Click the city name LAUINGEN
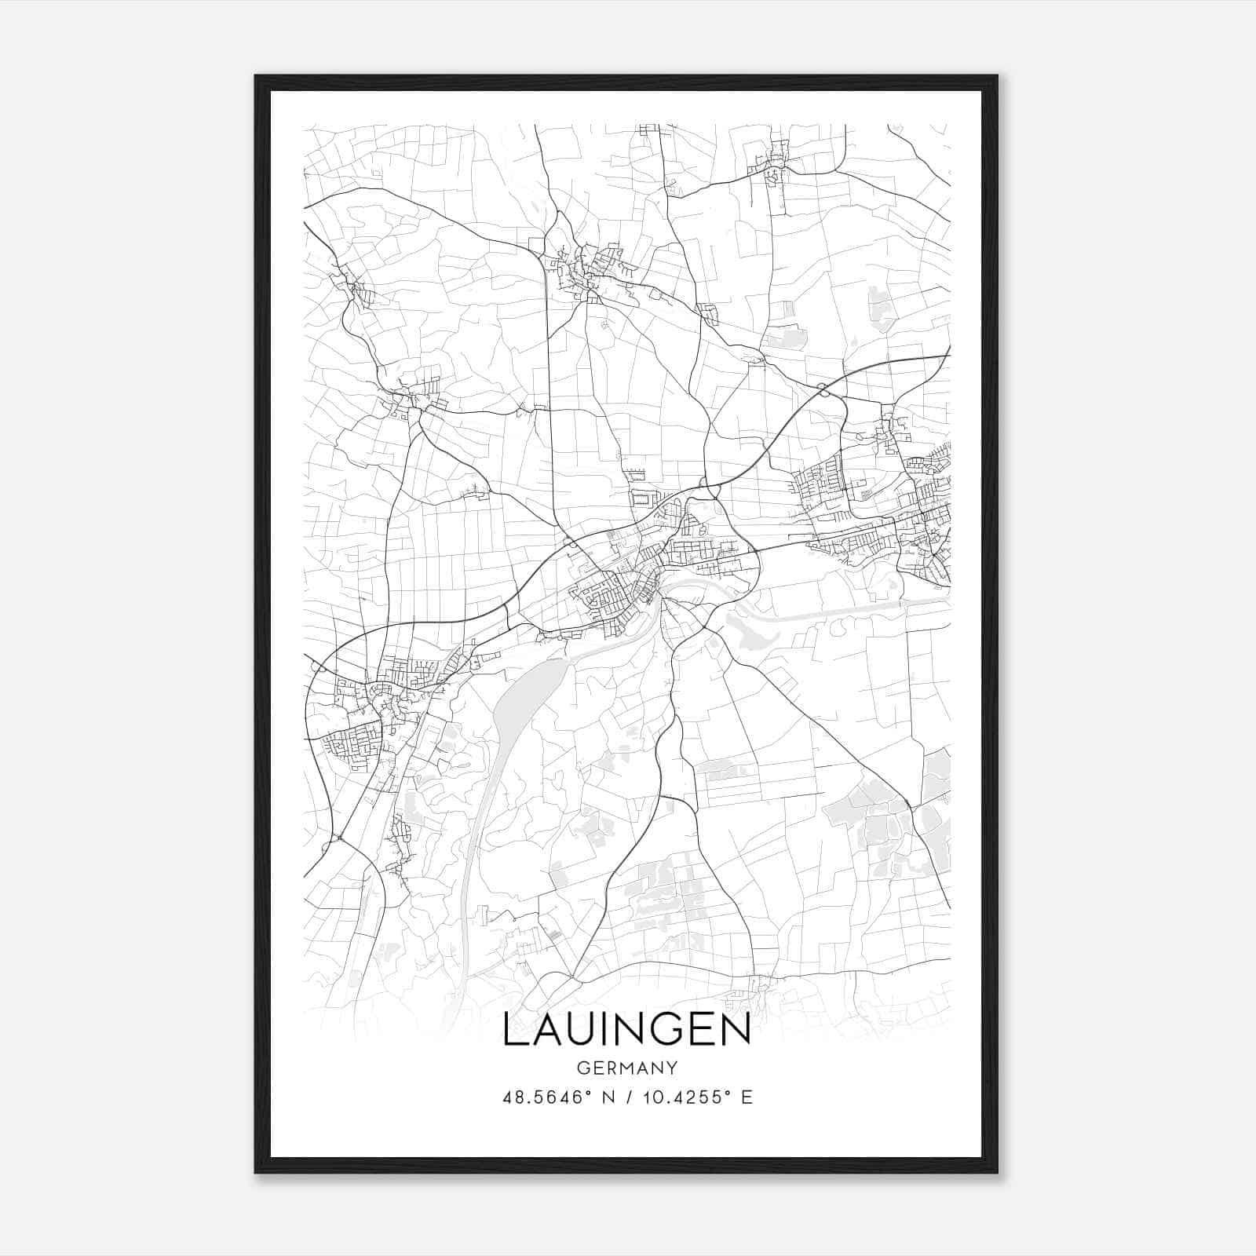point(626,1030)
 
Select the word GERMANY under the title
point(626,1068)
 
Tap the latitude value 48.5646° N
point(558,1097)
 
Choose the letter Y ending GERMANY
point(672,1068)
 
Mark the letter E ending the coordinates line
point(747,1097)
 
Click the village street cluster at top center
point(589,271)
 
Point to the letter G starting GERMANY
point(582,1068)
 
